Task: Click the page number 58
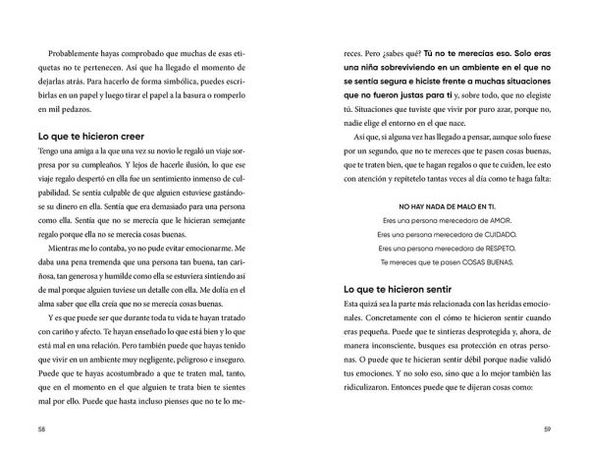[40, 428]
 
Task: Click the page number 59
[547, 428]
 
